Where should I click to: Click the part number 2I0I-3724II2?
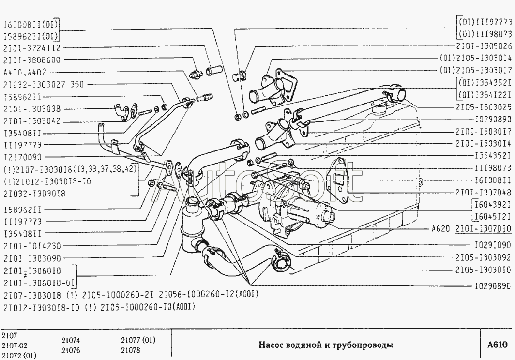pyautogui.click(x=31, y=48)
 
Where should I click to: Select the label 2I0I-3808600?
pyautogui.click(x=31, y=60)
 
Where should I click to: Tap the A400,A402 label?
pyautogui.click(x=25, y=73)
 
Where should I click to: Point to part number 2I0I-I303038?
pyautogui.click(x=31, y=109)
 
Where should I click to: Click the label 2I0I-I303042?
pyautogui.click(x=31, y=121)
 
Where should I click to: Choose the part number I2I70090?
pyautogui.click(x=22, y=157)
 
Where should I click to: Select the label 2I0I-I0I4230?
pyautogui.click(x=31, y=246)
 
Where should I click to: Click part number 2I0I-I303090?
pyautogui.click(x=31, y=258)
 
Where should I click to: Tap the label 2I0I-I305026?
pyautogui.click(x=484, y=46)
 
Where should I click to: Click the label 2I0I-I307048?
pyautogui.click(x=484, y=191)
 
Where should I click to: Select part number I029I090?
pyautogui.click(x=492, y=245)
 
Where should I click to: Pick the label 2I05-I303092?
pyautogui.click(x=484, y=257)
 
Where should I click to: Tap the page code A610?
pyautogui.click(x=497, y=345)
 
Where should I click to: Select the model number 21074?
pyautogui.click(x=71, y=340)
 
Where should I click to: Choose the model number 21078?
pyautogui.click(x=130, y=350)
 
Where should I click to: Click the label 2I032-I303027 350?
pyautogui.click(x=43, y=85)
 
